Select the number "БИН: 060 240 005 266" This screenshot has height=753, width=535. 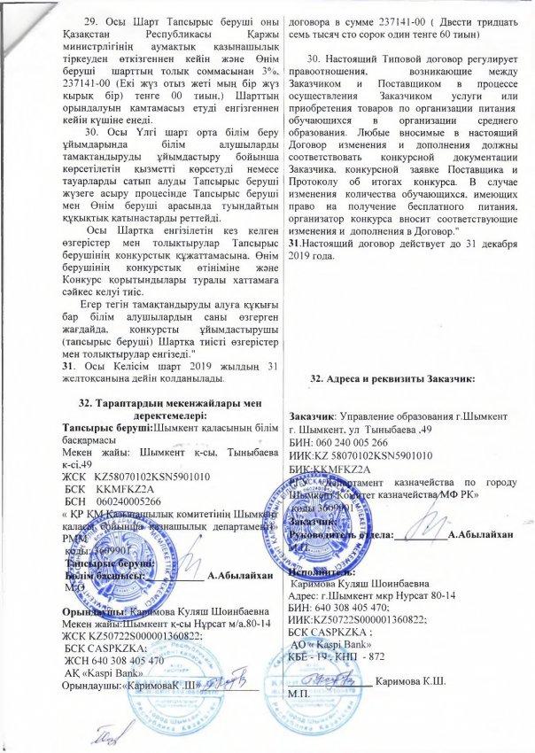pos(350,444)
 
